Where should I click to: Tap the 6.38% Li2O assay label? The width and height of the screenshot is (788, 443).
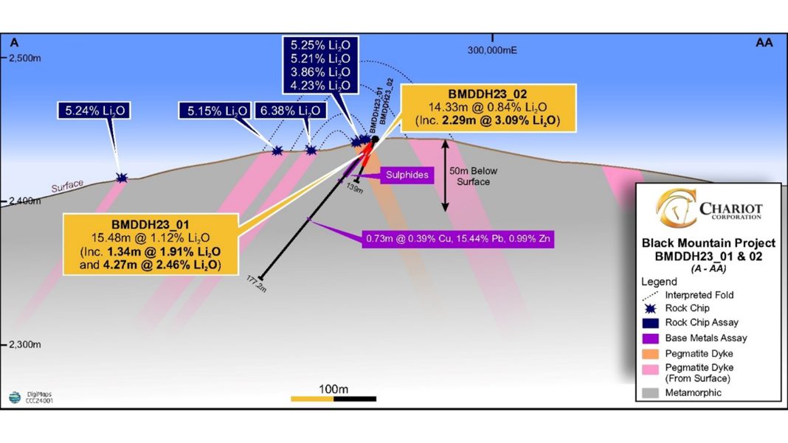(x=291, y=111)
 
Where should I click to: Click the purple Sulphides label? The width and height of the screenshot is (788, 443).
(x=403, y=175)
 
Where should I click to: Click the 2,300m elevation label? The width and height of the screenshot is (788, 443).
(x=25, y=344)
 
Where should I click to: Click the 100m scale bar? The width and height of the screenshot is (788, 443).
(x=333, y=399)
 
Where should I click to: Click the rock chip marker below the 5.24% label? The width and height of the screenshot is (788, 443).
(x=122, y=178)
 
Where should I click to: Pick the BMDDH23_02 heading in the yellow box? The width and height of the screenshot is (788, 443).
(x=488, y=94)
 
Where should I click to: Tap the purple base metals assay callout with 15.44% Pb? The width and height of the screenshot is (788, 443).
(x=458, y=239)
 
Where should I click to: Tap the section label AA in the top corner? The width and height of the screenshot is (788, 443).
(x=764, y=43)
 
